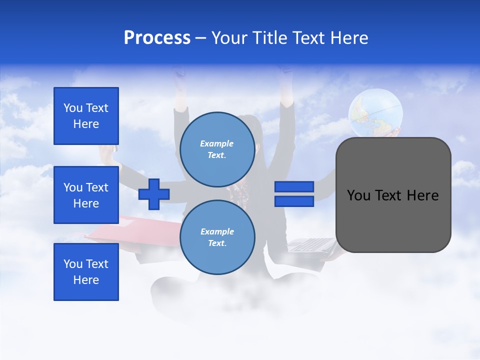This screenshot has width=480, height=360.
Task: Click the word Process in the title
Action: pos(157,38)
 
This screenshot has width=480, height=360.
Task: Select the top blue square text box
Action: pos(86,116)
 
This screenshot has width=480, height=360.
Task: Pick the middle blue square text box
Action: pos(86,195)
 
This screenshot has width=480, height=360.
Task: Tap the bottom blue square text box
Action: pos(86,272)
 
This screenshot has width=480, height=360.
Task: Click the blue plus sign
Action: pos(154,194)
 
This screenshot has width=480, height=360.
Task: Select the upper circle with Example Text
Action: pos(217,149)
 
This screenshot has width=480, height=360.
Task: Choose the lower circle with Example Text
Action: pos(217,237)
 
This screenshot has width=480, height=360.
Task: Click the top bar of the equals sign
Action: pos(294,187)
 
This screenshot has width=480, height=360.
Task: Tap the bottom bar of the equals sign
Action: pos(294,201)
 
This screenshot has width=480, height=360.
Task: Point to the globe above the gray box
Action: pos(375,112)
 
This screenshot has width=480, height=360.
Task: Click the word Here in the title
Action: pos(349,38)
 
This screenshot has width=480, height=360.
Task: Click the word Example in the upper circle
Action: pos(217,143)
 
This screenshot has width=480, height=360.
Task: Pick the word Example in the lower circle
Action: pos(217,231)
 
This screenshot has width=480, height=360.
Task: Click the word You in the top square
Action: pos(73,108)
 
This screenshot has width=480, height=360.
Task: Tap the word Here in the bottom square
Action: pos(86,280)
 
